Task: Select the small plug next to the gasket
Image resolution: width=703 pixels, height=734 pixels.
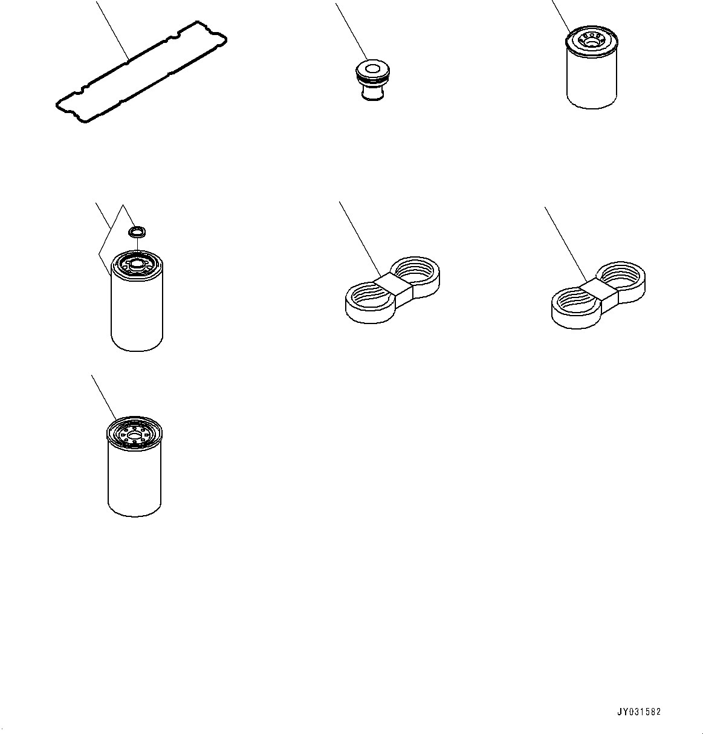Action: [x=372, y=80]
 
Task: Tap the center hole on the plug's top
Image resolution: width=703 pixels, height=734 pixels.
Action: [x=372, y=69]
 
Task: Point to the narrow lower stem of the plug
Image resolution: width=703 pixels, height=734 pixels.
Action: [x=372, y=92]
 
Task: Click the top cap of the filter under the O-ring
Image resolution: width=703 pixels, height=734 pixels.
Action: [x=137, y=263]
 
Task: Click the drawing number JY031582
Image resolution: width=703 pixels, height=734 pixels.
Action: [x=639, y=712]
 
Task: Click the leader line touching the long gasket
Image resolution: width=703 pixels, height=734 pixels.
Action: [x=112, y=30]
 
